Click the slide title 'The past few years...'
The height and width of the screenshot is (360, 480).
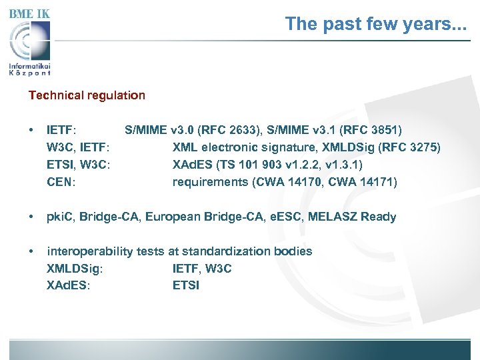(376, 24)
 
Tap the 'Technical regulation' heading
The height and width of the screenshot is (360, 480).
(87, 95)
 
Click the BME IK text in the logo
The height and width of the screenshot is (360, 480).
(29, 13)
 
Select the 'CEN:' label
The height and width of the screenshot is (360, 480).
(61, 182)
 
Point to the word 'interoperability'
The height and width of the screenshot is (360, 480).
(90, 251)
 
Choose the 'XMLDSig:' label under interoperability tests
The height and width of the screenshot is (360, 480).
(74, 269)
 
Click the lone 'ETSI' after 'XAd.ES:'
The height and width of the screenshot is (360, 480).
(186, 286)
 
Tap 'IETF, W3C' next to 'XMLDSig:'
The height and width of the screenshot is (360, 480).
(202, 269)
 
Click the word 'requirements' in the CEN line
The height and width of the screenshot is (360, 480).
(210, 182)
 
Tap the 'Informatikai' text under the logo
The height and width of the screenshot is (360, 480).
(30, 66)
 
